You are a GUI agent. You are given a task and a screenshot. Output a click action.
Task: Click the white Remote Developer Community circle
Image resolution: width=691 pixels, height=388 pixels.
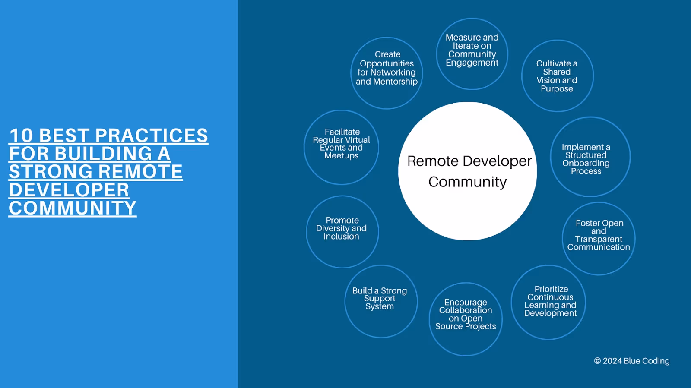pyautogui.click(x=467, y=171)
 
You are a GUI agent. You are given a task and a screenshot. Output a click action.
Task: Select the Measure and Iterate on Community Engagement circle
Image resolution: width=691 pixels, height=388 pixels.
pyautogui.click(x=472, y=54)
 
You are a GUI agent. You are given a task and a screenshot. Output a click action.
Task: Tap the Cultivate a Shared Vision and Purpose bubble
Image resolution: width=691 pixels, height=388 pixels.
pyautogui.click(x=557, y=76)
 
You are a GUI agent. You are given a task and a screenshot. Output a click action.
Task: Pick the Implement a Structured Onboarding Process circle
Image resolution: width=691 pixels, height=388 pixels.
pyautogui.click(x=590, y=157)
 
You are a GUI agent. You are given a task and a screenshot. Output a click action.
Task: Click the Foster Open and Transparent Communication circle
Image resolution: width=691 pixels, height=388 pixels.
pyautogui.click(x=599, y=238)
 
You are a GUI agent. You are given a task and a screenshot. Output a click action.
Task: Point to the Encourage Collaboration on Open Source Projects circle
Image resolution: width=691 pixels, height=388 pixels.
pyautogui.click(x=466, y=319)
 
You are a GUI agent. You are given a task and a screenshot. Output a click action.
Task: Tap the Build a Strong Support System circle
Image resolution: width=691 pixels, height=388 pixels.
pyautogui.click(x=381, y=301)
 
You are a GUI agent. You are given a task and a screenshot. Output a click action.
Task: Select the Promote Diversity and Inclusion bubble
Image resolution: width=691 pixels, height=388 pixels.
pyautogui.click(x=342, y=232)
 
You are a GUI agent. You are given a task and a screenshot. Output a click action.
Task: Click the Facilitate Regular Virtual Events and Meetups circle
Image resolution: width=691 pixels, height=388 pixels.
pyautogui.click(x=341, y=147)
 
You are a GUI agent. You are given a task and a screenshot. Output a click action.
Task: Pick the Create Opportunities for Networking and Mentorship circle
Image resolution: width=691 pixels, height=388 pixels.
pyautogui.click(x=387, y=73)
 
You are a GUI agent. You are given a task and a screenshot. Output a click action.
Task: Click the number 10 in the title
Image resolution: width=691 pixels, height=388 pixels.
pyautogui.click(x=21, y=136)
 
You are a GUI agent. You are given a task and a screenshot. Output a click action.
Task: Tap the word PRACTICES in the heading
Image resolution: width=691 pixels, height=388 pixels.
pyautogui.click(x=151, y=136)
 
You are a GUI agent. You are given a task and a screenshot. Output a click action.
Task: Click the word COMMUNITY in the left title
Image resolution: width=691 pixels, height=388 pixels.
pyautogui.click(x=73, y=208)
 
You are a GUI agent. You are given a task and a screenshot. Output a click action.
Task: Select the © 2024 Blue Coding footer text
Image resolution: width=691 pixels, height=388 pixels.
pyautogui.click(x=631, y=361)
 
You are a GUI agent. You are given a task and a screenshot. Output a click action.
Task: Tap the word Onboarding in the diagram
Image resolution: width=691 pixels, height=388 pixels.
pyautogui.click(x=586, y=163)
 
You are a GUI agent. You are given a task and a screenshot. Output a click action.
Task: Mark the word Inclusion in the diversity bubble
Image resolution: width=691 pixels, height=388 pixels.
pyautogui.click(x=341, y=237)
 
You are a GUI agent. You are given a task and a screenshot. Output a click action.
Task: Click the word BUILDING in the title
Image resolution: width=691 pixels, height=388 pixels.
pyautogui.click(x=104, y=154)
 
